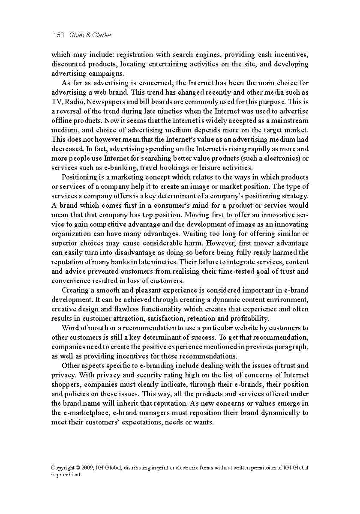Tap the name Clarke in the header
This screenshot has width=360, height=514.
(x=102, y=35)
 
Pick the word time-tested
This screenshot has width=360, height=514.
(x=233, y=272)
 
